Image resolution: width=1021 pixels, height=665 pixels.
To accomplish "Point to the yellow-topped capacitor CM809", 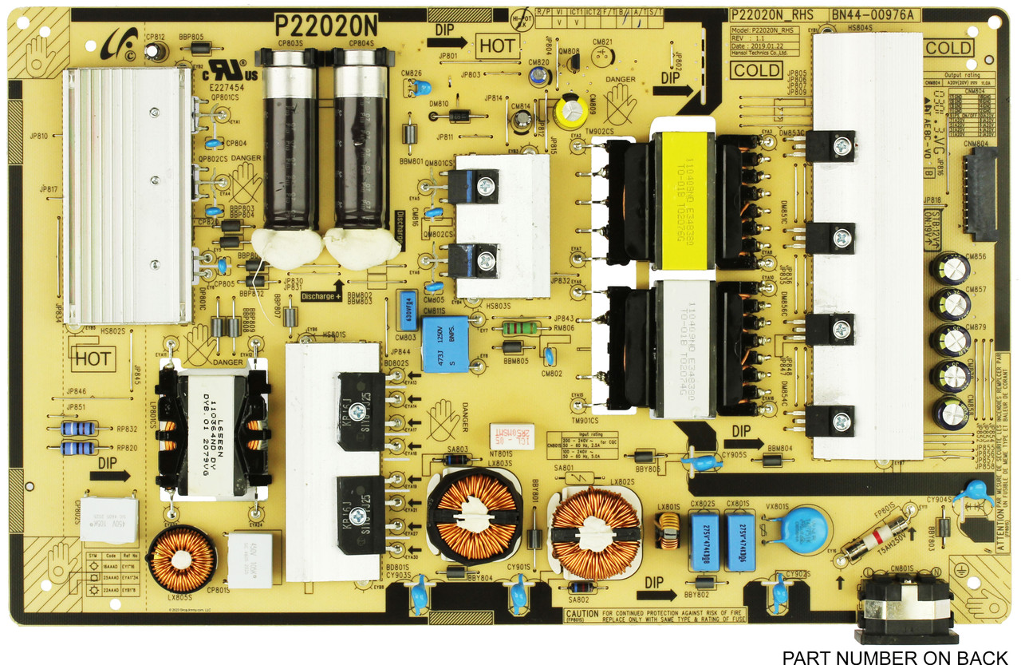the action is pyautogui.click(x=572, y=112).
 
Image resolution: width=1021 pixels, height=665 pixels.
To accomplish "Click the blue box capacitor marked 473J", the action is pyautogui.click(x=444, y=343).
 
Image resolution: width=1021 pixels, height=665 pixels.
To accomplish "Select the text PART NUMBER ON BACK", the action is pyautogui.click(x=895, y=657).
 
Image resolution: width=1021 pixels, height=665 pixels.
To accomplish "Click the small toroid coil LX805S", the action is pyautogui.click(x=183, y=559).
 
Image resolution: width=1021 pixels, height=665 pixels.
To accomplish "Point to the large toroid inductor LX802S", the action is pyautogui.click(x=596, y=532).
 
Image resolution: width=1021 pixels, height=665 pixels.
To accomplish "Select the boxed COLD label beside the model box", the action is pyautogui.click(x=756, y=69).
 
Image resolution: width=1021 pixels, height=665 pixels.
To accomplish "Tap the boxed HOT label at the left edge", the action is pyautogui.click(x=93, y=358).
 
